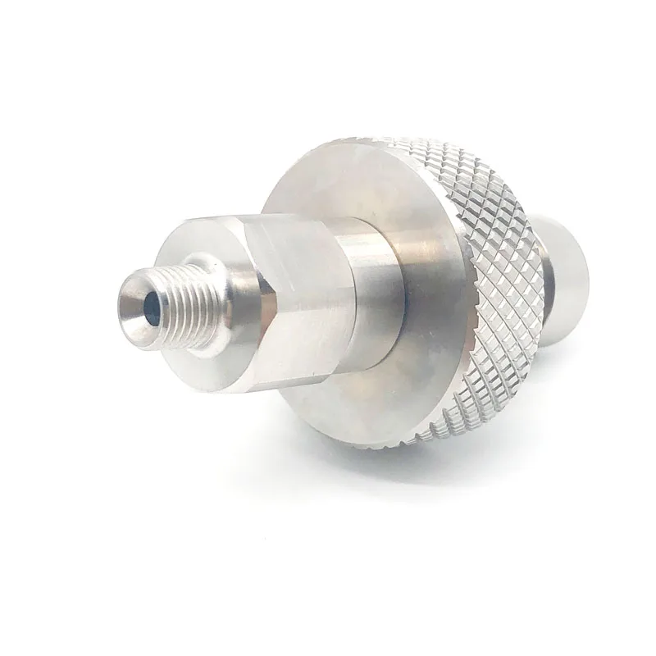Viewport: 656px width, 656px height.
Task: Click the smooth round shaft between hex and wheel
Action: [x=369, y=287]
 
